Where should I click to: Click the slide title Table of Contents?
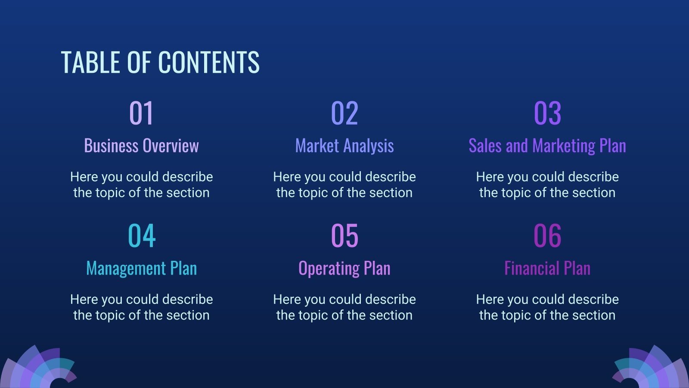pos(160,62)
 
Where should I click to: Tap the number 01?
pos(141,113)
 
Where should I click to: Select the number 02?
pos(344,113)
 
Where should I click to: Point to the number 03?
pos(547,113)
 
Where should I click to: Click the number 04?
pos(141,236)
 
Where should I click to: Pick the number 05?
pos(344,236)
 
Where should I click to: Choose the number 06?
pos(547,236)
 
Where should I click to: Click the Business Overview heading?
pos(141,146)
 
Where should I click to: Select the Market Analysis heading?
pos(344,146)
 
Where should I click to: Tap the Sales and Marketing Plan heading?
pos(547,146)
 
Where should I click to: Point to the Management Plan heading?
pos(141,268)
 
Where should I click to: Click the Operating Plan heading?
pos(344,268)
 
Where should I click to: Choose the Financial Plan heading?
pos(547,268)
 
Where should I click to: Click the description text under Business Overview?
pos(141,185)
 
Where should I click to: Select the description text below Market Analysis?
pos(344,185)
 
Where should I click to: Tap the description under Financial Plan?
pos(547,307)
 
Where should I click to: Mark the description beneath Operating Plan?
pos(344,307)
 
